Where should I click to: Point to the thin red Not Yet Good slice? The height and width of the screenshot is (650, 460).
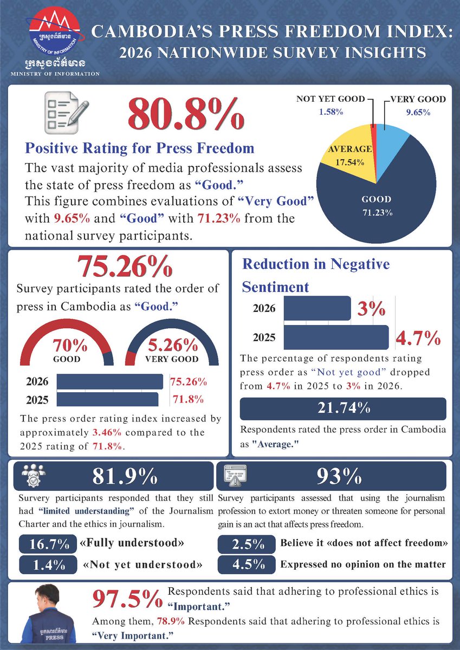tap(374, 145)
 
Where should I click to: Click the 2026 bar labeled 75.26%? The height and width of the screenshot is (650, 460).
tap(109, 381)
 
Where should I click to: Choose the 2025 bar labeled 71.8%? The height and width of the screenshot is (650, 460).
tap(107, 400)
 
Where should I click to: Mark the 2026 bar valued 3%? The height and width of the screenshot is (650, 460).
tap(317, 308)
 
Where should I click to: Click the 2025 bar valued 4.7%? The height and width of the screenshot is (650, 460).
tap(336, 337)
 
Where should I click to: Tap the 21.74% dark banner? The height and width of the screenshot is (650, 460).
tap(343, 409)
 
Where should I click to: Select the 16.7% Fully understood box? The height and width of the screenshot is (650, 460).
tap(48, 544)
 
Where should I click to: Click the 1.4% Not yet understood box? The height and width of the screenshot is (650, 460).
tap(48, 565)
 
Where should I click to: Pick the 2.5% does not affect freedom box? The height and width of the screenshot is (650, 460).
tap(247, 544)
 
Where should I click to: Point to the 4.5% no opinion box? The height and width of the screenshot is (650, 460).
tap(247, 564)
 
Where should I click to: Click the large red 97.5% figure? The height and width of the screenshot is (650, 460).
tap(127, 598)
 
